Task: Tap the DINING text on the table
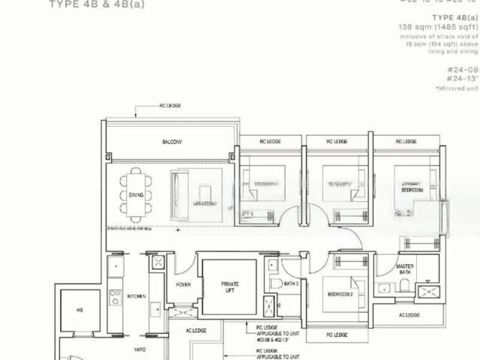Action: click(136, 193)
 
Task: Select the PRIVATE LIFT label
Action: click(229, 287)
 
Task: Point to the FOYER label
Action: click(184, 284)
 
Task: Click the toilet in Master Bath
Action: click(404, 284)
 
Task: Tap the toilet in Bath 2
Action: click(276, 283)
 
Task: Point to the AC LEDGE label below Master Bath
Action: click(409, 315)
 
